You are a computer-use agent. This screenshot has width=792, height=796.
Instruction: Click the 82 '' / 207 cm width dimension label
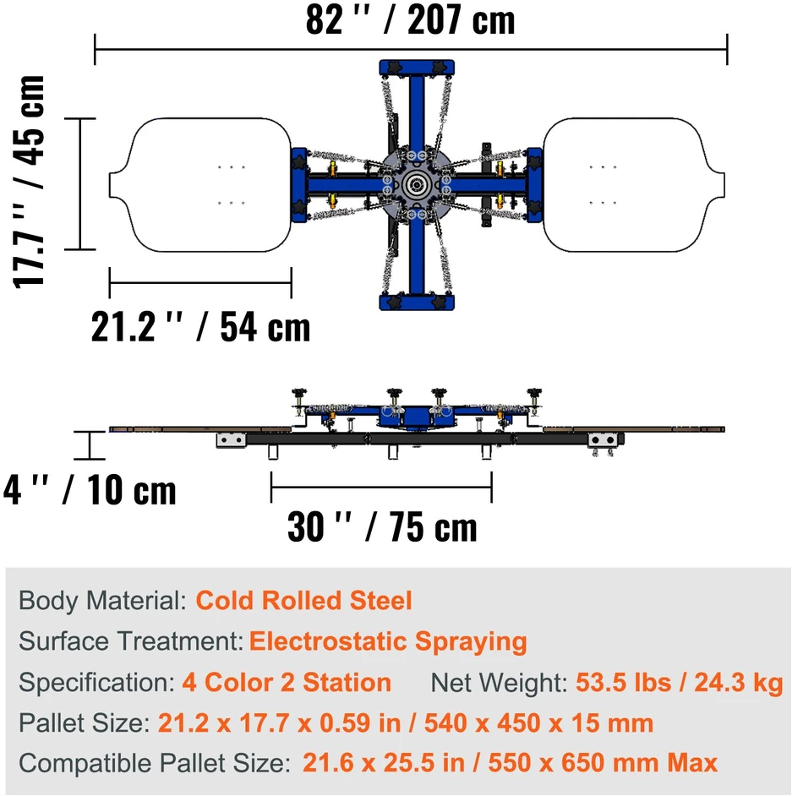coord(410,19)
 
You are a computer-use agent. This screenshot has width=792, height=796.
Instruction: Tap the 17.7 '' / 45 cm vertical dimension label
coord(29,181)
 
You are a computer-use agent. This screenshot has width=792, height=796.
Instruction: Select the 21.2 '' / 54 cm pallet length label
coord(200,327)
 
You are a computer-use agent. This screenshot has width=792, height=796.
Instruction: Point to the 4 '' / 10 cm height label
coord(90,490)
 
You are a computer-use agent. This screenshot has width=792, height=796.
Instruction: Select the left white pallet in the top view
coord(200,185)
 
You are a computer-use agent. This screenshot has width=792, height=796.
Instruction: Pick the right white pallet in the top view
coord(634,185)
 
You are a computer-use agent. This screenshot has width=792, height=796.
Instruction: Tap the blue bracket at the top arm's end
coord(417,68)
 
